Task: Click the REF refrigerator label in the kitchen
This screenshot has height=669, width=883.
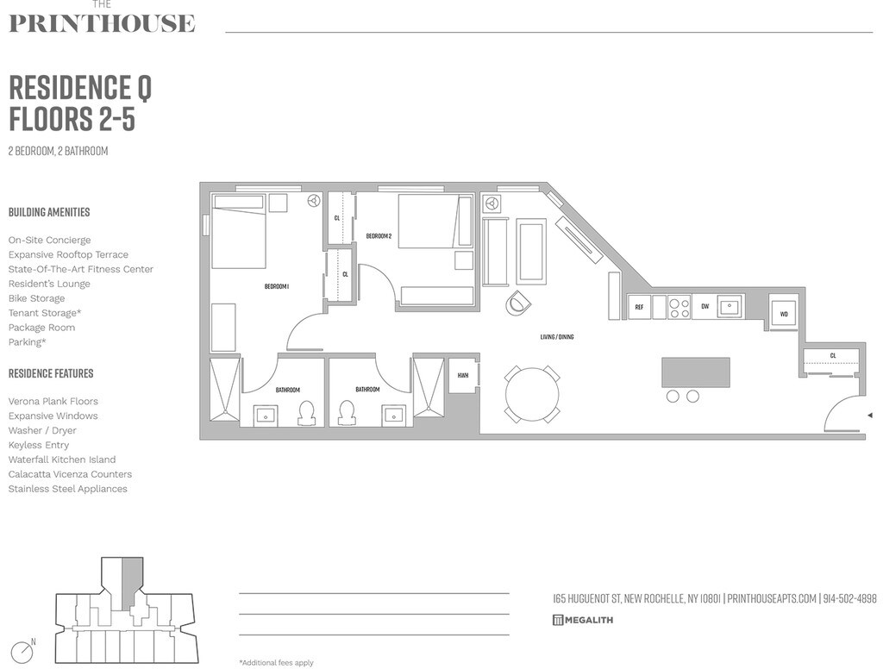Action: tap(639, 307)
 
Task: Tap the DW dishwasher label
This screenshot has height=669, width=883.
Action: tap(705, 307)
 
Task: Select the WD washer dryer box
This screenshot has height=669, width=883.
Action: tap(784, 315)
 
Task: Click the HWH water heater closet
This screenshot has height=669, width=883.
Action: tap(463, 375)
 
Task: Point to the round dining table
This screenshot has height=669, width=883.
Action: tap(532, 395)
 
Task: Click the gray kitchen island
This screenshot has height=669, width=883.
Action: tap(695, 372)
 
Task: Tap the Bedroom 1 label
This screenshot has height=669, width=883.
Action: tap(276, 286)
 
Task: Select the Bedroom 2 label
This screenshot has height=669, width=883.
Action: tap(379, 236)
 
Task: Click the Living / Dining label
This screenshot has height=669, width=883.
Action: tap(556, 337)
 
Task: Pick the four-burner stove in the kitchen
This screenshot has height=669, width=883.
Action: tap(679, 307)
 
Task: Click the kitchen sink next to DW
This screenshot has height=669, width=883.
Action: tap(730, 306)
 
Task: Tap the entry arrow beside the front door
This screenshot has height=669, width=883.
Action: tap(869, 416)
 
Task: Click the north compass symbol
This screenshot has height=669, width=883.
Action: tap(22, 652)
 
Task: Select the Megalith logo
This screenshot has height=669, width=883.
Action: tap(583, 620)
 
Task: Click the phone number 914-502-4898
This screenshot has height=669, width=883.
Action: tap(849, 599)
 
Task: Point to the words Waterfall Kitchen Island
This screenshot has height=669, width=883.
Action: tap(62, 460)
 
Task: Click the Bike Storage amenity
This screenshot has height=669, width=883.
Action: tap(36, 298)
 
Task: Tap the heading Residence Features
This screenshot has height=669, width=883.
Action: tap(51, 373)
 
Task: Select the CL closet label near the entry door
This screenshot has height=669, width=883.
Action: tap(833, 355)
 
